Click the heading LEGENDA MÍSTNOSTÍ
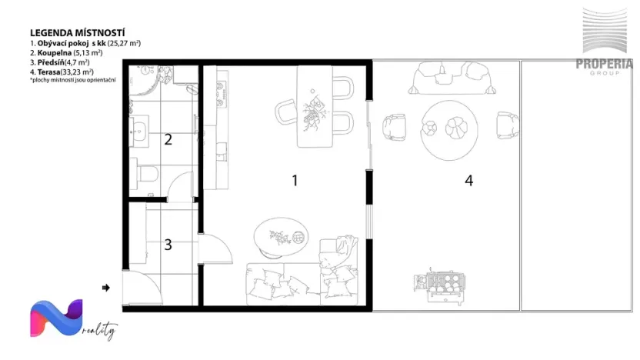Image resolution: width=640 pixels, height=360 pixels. point(78,33)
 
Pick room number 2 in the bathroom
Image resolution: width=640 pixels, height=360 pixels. point(167,139)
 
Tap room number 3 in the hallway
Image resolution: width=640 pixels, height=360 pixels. point(168,245)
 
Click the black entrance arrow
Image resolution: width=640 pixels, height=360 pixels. point(105,288)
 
